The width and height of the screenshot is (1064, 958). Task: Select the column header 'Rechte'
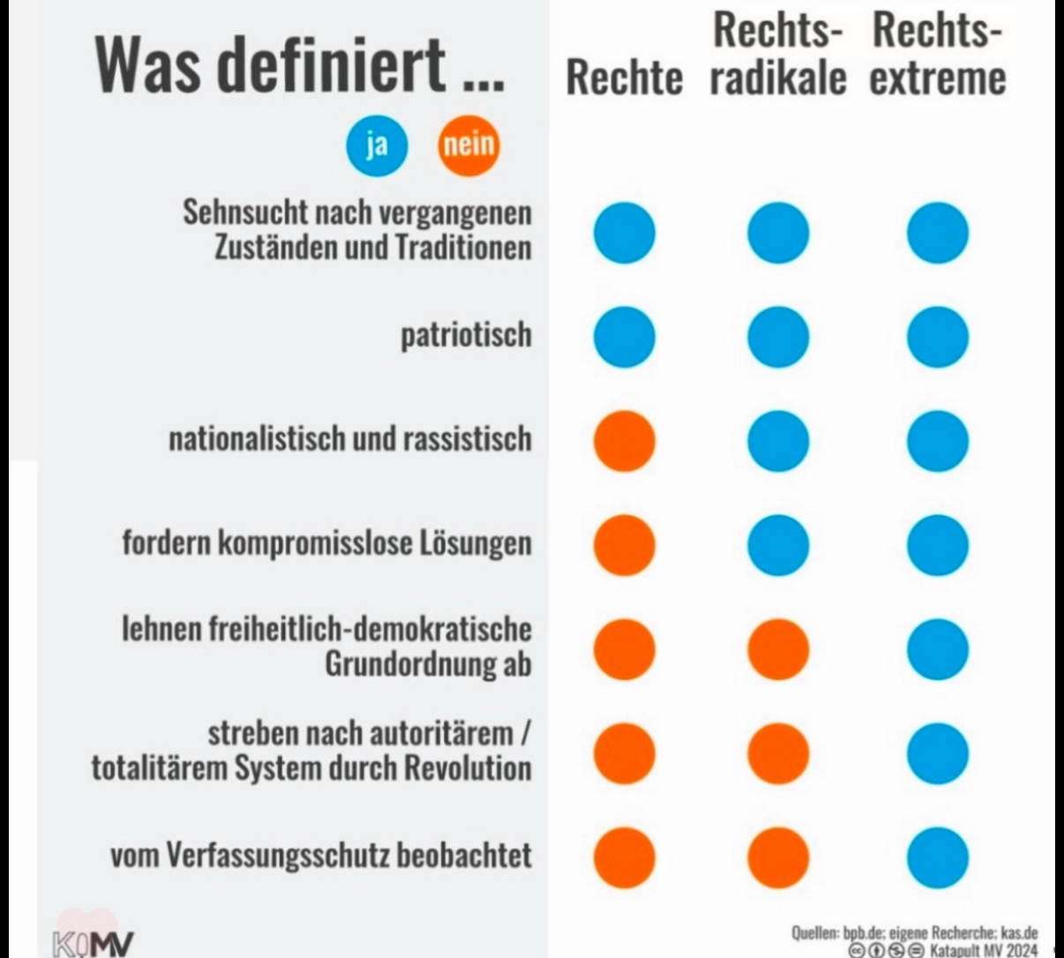click(624, 78)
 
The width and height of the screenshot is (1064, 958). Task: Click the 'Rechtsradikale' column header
click(776, 55)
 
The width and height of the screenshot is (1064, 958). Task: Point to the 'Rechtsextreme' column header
click(937, 55)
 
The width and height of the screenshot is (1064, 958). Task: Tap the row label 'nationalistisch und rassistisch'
click(350, 438)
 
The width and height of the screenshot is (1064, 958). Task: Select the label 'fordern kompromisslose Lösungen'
click(327, 543)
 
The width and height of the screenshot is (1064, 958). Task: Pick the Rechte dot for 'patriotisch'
click(624, 337)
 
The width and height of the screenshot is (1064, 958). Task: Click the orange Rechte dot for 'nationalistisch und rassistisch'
click(624, 440)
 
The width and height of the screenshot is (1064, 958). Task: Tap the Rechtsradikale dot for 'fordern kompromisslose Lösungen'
click(777, 544)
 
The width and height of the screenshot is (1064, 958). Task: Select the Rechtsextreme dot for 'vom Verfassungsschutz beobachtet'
click(937, 857)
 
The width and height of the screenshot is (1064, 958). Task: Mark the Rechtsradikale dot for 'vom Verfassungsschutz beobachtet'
click(777, 857)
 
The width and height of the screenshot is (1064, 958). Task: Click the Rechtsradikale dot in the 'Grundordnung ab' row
click(777, 648)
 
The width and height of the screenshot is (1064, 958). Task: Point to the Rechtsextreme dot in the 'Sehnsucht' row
click(937, 233)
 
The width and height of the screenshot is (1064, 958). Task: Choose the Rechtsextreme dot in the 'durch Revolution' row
click(937, 753)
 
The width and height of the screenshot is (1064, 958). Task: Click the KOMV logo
click(94, 940)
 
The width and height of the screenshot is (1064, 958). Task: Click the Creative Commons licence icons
click(887, 949)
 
